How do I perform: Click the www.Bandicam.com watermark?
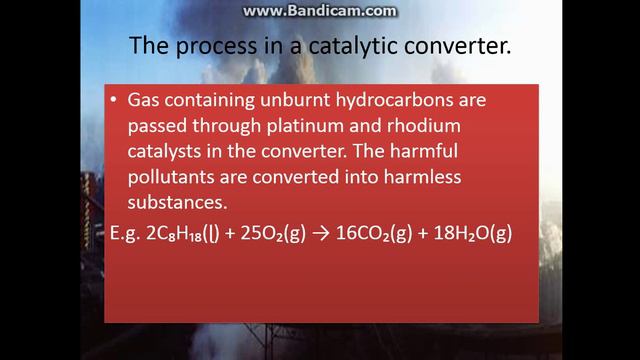point(320,11)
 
